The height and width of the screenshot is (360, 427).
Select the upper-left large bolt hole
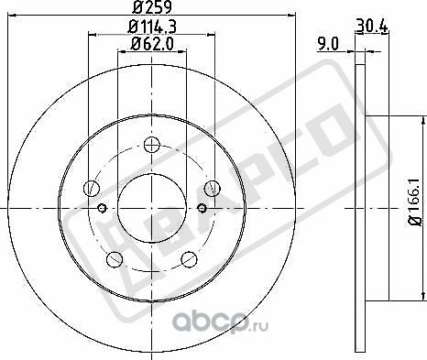[x=91, y=189]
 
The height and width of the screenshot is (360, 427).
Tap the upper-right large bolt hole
[x=213, y=189]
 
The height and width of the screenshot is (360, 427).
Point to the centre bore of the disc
[x=151, y=205]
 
